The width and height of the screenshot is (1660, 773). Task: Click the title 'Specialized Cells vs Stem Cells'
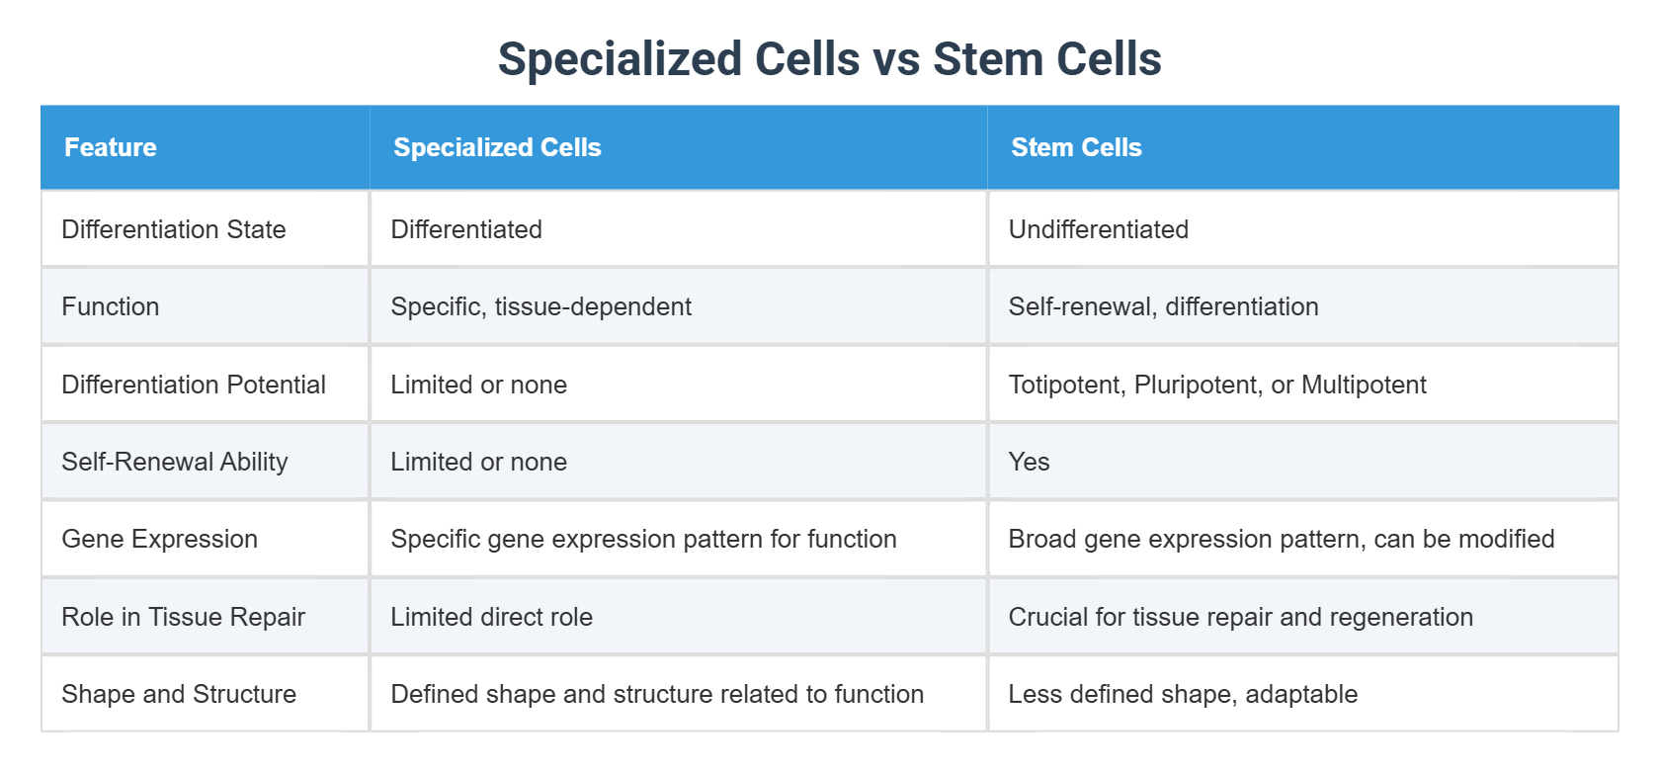click(829, 59)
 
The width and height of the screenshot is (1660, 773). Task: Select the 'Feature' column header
click(111, 147)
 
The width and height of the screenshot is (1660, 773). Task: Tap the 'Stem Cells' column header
click(1076, 147)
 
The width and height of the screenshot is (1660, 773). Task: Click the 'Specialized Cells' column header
click(497, 147)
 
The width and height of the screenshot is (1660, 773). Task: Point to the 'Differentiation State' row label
click(174, 229)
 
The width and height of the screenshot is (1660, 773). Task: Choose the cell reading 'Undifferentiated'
click(1098, 229)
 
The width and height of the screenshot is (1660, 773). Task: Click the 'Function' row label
click(111, 306)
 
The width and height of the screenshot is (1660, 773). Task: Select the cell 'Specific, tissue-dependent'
click(540, 306)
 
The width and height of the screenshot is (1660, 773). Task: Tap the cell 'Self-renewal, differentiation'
click(1163, 306)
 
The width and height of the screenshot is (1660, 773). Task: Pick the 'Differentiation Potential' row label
click(194, 385)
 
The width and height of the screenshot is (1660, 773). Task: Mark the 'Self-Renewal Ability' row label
click(175, 462)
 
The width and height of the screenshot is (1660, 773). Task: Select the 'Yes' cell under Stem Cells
click(1029, 462)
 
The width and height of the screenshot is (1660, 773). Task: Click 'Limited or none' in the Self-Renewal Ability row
click(478, 462)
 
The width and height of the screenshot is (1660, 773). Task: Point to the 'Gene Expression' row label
click(159, 539)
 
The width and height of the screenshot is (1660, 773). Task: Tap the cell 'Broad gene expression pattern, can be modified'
click(1281, 539)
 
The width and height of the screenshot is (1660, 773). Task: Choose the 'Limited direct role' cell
click(491, 617)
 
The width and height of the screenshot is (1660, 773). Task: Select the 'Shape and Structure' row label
click(179, 694)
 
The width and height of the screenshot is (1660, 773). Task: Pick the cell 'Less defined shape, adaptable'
click(1183, 694)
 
